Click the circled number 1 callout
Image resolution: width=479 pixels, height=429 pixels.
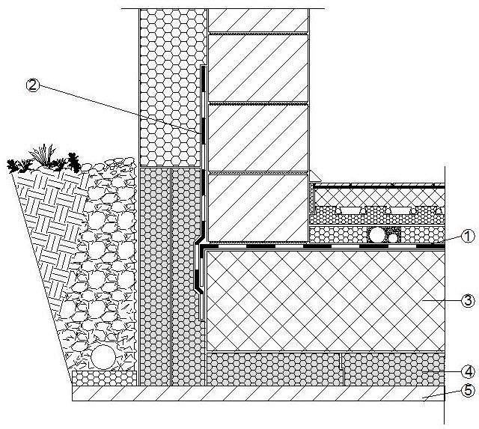coord(468,237)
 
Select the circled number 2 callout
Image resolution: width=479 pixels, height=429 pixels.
coord(32,85)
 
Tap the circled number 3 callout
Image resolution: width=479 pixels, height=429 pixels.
coord(468,301)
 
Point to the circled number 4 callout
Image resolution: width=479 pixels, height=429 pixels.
coord(468,371)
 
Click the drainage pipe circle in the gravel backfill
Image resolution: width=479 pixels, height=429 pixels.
coord(104,354)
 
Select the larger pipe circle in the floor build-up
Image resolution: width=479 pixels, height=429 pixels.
coord(377,235)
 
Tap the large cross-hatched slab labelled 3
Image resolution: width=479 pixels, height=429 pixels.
coord(322,299)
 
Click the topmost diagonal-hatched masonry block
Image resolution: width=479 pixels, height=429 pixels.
coord(258,21)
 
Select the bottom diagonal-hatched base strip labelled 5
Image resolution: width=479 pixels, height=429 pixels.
coord(254,394)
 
